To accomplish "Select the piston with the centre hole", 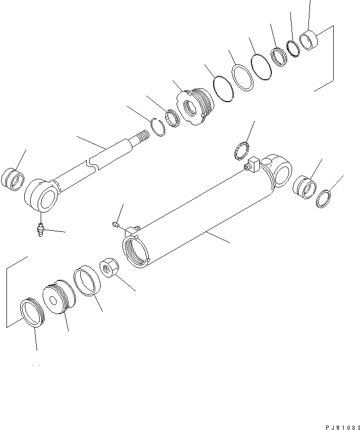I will tap(58, 299).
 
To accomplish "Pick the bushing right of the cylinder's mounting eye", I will tap(304, 187).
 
